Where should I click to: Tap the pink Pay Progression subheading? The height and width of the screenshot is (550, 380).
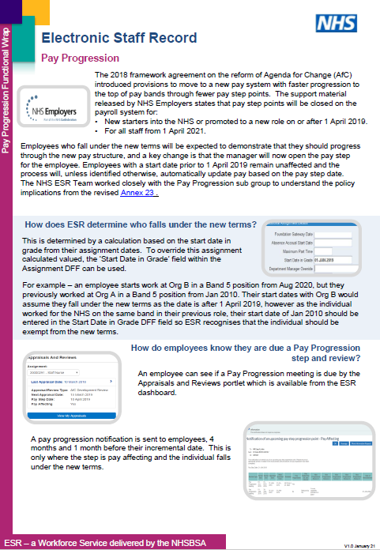pos(80,58)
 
